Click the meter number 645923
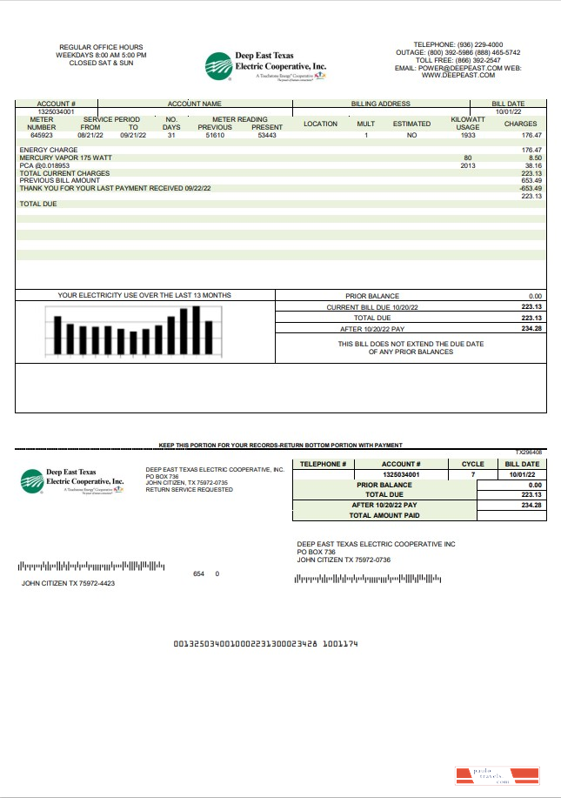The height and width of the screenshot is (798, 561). [41, 136]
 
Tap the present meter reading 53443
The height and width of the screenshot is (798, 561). [267, 136]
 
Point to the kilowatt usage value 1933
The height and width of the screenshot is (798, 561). [467, 136]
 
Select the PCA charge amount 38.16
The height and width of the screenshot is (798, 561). [532, 165]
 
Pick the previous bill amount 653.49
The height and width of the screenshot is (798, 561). [531, 180]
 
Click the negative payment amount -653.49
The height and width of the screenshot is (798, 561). [530, 188]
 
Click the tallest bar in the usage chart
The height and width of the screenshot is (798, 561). [197, 330]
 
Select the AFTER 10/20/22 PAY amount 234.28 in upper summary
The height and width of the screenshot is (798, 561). [531, 329]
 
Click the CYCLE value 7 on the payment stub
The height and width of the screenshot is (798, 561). [472, 475]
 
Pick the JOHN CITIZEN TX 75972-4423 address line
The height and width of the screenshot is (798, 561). [68, 583]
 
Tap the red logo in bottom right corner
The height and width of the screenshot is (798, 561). [498, 776]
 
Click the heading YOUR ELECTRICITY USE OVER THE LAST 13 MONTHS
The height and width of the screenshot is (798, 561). [144, 296]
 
